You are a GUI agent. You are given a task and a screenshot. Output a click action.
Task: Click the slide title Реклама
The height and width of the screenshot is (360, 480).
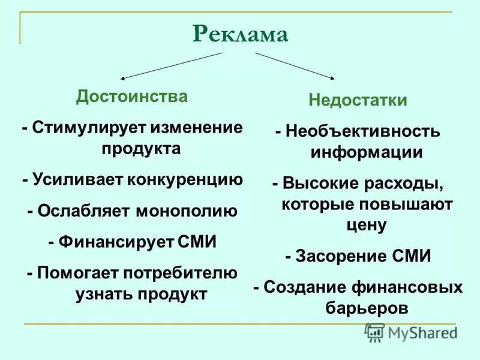(x=240, y=34)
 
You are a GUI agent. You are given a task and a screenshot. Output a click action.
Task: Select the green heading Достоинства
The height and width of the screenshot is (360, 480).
(x=131, y=97)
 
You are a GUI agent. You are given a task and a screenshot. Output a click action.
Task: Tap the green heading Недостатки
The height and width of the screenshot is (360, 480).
(x=358, y=100)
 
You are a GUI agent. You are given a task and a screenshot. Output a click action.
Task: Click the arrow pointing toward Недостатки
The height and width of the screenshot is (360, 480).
(x=295, y=65)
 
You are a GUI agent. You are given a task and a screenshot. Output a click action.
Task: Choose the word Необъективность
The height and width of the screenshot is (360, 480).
(x=362, y=131)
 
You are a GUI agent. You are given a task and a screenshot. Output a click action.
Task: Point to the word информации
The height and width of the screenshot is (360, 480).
(x=366, y=152)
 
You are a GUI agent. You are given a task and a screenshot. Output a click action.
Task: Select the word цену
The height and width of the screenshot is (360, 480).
(x=366, y=225)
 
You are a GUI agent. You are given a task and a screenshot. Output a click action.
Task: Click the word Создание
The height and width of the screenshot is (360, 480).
(x=308, y=287)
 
